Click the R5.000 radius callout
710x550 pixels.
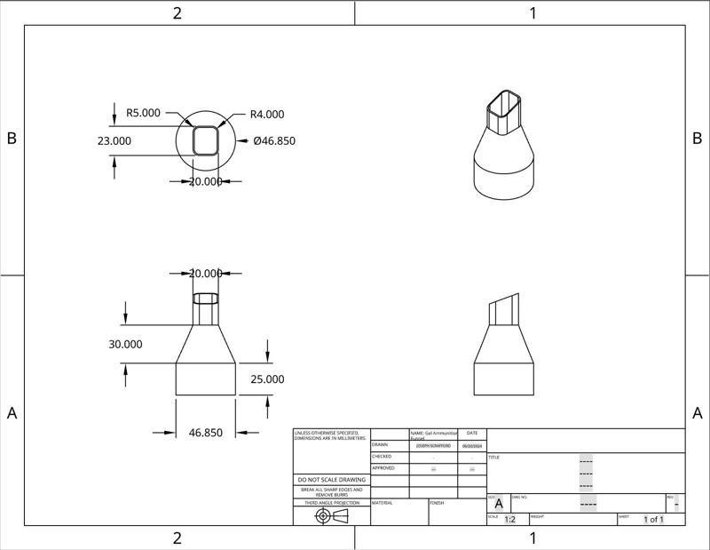coord(143,113)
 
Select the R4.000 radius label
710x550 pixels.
coord(267,114)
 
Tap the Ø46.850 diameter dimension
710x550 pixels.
coord(274,140)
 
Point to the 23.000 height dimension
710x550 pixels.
coord(114,140)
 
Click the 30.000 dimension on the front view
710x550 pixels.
coord(125,344)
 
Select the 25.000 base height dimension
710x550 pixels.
coord(267,379)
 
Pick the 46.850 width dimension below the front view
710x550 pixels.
coord(206,433)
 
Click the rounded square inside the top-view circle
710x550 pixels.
coord(206,140)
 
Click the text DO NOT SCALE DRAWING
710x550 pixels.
coord(332,480)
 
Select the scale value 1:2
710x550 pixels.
coord(509,520)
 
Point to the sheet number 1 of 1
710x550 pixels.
coord(653,520)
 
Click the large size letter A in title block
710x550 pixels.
coord(498,504)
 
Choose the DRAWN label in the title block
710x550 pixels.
coord(380,444)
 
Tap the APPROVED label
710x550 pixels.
coord(383,467)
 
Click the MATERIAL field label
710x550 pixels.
coord(383,503)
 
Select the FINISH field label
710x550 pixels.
coord(437,503)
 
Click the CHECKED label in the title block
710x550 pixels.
coord(382,456)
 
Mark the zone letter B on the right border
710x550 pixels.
coord(697,139)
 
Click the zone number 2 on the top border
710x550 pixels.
coord(177,12)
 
